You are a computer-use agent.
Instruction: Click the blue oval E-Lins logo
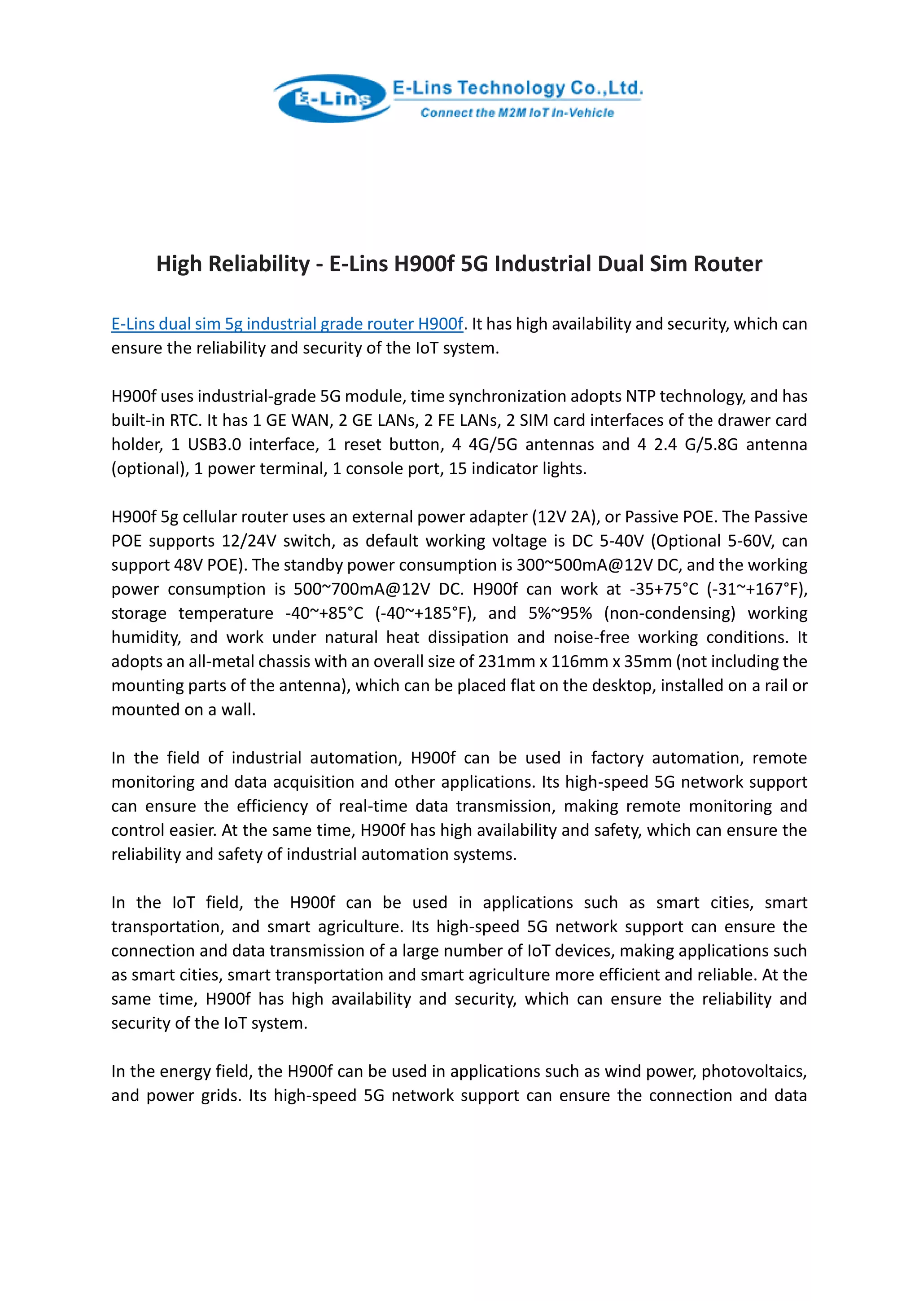332,99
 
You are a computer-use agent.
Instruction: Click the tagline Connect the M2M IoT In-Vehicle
516,113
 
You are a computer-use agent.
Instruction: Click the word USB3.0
214,444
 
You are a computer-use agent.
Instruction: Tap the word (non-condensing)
670,613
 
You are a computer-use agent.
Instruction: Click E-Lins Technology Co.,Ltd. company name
517,88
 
